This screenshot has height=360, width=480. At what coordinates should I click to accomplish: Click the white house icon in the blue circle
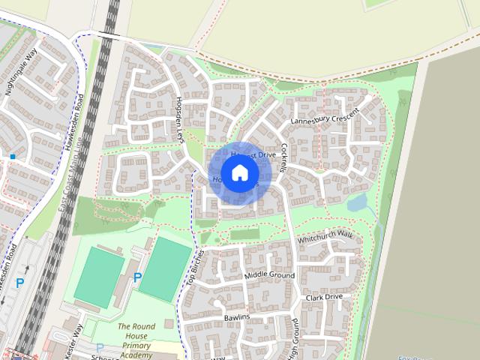pyautogui.click(x=239, y=173)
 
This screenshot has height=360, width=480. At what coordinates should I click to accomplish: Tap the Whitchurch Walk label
pyautogui.click(x=324, y=237)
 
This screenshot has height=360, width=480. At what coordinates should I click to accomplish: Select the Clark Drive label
pyautogui.click(x=324, y=298)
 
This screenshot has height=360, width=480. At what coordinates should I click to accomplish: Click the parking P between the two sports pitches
pyautogui.click(x=137, y=278)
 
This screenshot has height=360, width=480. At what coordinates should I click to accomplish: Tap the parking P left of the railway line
pyautogui.click(x=20, y=283)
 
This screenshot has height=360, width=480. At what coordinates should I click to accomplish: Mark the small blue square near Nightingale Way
pyautogui.click(x=13, y=156)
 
